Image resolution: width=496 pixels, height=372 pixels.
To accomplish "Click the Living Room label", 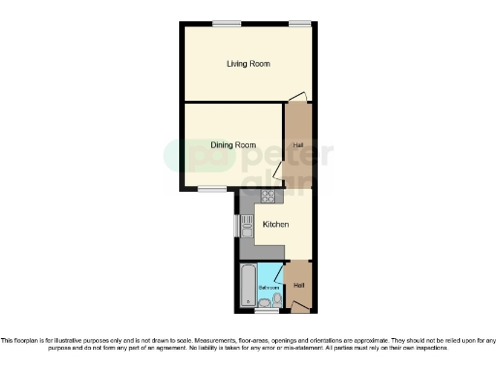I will click(x=248, y=64).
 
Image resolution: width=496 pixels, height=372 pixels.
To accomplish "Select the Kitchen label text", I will click(x=276, y=225).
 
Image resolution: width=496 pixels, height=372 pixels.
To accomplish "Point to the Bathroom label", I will click(x=268, y=288).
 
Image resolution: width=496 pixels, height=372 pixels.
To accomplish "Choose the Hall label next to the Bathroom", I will click(x=299, y=285).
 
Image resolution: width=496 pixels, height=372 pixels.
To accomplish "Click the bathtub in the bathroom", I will click(x=247, y=286).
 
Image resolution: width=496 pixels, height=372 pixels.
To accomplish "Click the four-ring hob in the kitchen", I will click(x=268, y=197).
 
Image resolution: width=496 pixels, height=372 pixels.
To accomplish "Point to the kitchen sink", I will click(x=246, y=227).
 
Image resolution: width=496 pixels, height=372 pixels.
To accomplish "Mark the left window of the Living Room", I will click(x=228, y=22).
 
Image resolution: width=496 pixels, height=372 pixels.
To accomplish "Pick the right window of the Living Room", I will click(x=299, y=22).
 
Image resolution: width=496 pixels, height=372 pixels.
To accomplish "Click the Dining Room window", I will click(x=211, y=188).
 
